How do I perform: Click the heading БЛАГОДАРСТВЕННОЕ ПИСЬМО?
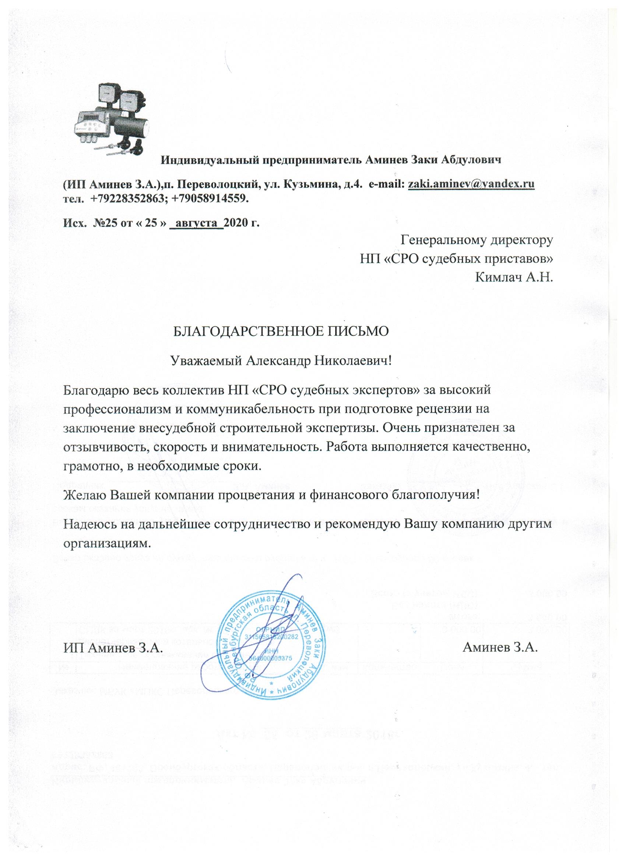[281, 331]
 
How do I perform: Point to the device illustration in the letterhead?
[113, 118]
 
